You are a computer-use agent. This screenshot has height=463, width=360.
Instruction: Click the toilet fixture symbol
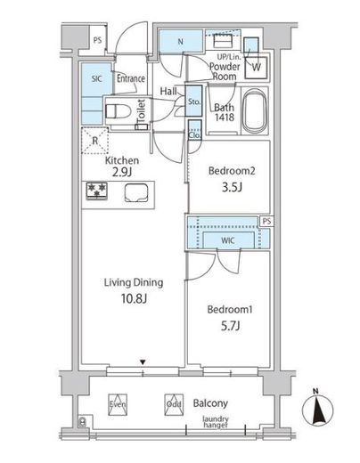[x=119, y=111]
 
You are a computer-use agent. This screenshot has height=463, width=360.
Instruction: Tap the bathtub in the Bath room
[x=254, y=111]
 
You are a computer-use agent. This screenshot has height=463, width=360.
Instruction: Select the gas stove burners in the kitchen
[x=96, y=191]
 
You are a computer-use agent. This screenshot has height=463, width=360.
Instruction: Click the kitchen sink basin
[x=136, y=193]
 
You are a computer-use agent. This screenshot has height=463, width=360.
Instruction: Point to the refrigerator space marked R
[x=95, y=141]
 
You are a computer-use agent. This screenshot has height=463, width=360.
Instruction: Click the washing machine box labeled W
[x=257, y=68]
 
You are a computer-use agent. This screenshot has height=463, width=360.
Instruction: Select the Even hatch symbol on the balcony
[x=118, y=404]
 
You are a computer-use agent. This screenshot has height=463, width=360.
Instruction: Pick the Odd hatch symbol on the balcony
[x=174, y=404]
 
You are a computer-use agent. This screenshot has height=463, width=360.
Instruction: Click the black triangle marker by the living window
[x=143, y=362]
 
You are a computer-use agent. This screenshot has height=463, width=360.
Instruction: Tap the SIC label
[x=96, y=79]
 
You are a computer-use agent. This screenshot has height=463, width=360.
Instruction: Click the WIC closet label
[x=228, y=240]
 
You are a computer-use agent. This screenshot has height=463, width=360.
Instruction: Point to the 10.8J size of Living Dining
[x=134, y=298]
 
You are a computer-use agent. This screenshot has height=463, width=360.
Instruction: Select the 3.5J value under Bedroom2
[x=232, y=187]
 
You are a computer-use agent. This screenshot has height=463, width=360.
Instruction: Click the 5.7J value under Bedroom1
[x=230, y=326]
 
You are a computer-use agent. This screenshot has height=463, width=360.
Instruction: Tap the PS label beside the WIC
[x=267, y=222]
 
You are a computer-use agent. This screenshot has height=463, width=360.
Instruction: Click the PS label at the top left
[x=97, y=40]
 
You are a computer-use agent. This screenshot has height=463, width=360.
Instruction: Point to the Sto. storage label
[x=194, y=102]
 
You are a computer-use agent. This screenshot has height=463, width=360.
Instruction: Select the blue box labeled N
[x=181, y=41]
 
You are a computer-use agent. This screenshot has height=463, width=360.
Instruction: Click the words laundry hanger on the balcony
[x=216, y=422]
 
